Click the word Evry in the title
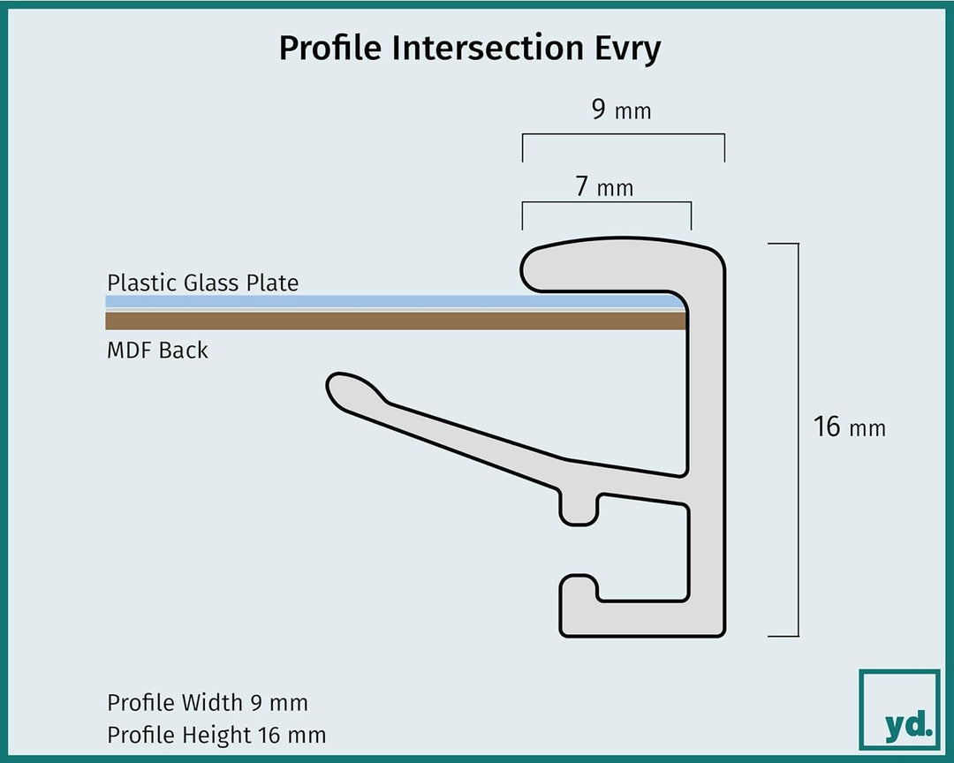[x=627, y=49]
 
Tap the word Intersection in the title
[x=488, y=48]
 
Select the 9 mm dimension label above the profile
[x=621, y=110]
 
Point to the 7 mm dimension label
[x=604, y=187]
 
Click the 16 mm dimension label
[x=850, y=427]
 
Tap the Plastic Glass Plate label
[x=202, y=283]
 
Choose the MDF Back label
[x=157, y=351]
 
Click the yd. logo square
[x=899, y=709]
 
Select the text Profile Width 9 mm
[x=208, y=703]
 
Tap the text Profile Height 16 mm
[x=216, y=735]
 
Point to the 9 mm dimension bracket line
[x=623, y=134]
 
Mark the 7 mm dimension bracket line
[x=607, y=202]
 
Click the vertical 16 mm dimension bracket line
[x=798, y=440]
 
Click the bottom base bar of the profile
[x=642, y=619]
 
